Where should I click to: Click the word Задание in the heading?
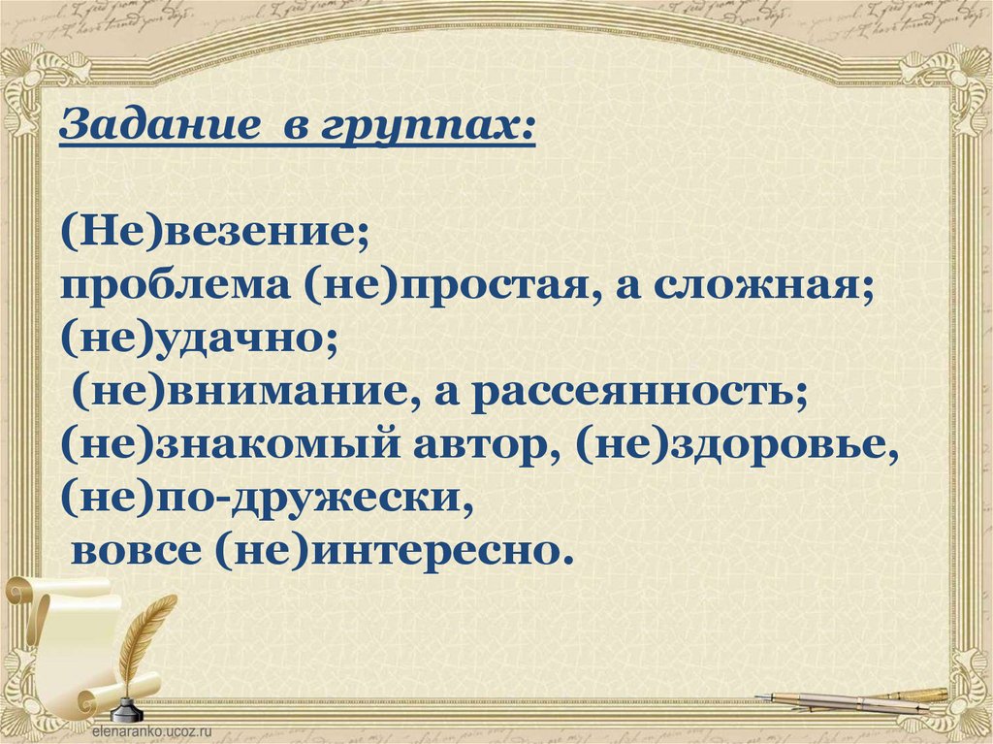pos(160,125)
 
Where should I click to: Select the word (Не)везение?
pos(214,233)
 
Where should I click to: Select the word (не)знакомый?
pos(231,446)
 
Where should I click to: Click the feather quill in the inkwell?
pos(144,641)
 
